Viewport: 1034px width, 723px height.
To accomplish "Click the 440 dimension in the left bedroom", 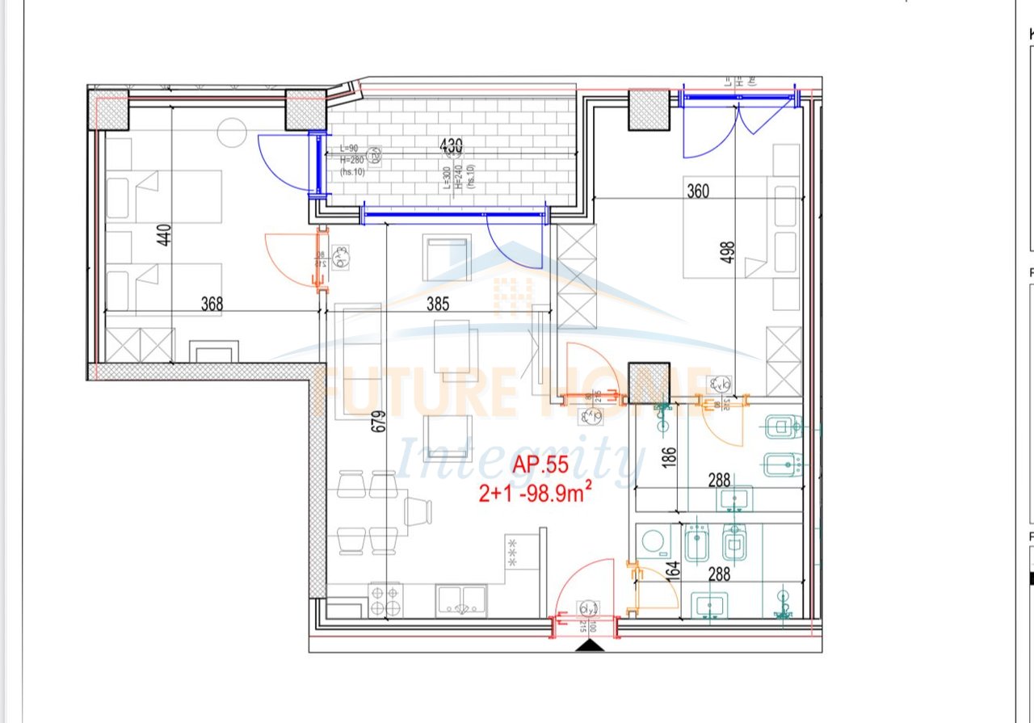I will (164, 235).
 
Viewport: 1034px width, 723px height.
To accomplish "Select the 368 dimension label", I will (212, 304).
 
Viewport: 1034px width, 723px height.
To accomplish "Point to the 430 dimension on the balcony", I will (451, 146).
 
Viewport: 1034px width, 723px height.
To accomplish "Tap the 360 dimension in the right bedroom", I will (698, 191).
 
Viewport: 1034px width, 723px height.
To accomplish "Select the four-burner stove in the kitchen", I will (385, 601).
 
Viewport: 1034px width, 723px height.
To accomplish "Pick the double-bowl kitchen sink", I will (460, 601).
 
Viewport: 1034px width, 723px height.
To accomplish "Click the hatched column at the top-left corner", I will (108, 110).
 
